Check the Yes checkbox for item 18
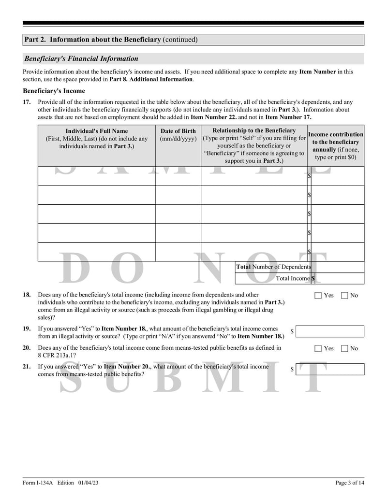click(318, 296)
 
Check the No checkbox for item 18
click(344, 296)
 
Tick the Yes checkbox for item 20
click(318, 348)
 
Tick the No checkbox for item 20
click(344, 348)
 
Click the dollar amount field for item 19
click(330, 331)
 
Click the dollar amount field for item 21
click(330, 370)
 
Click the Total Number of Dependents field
click(338, 267)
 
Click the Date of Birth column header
click(178, 135)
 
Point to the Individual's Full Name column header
click(97, 138)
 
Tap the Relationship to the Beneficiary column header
click(254, 145)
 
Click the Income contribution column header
click(336, 145)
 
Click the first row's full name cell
click(97, 176)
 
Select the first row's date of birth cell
click(178, 176)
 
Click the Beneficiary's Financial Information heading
click(81, 59)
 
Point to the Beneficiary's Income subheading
click(54, 91)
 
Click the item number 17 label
click(27, 102)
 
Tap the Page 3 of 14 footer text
click(350, 483)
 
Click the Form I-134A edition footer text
click(61, 483)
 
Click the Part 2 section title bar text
click(111, 40)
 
